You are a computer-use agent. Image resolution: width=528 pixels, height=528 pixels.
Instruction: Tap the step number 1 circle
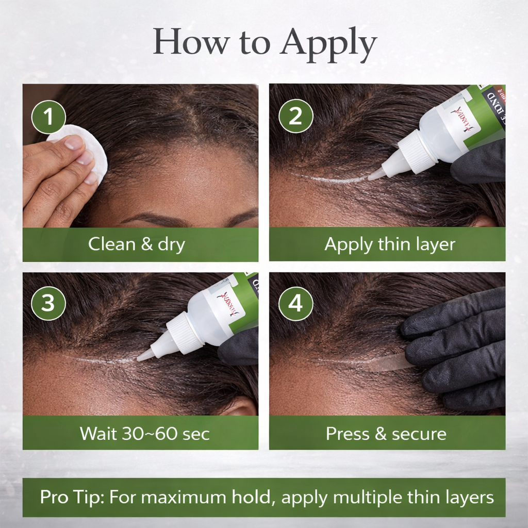(48, 117)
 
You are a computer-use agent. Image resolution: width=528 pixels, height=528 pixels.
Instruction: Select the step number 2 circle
(295, 117)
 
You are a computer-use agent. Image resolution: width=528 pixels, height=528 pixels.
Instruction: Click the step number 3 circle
(48, 303)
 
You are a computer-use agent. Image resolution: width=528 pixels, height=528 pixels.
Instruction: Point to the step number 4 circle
(295, 303)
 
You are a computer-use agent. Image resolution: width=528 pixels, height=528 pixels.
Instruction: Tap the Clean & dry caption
(136, 244)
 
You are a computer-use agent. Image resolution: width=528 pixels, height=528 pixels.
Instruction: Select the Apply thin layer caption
(390, 244)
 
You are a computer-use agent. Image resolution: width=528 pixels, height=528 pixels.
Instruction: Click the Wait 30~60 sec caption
(144, 433)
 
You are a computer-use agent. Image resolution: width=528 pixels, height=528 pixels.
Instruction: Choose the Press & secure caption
(386, 433)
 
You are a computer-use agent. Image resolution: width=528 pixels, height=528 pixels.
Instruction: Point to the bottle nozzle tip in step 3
(142, 356)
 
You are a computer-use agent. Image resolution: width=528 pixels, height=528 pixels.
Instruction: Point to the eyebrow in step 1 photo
(155, 219)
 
